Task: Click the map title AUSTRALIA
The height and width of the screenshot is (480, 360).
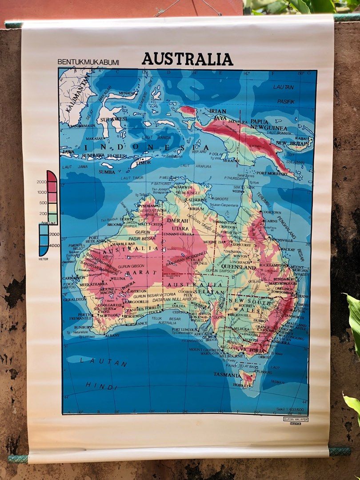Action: (x=187, y=59)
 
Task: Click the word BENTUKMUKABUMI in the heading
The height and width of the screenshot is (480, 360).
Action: (x=88, y=62)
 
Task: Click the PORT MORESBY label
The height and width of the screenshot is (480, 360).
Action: (x=272, y=173)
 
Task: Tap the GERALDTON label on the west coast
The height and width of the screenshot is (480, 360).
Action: (x=75, y=300)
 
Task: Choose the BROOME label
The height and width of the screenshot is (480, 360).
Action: (x=114, y=224)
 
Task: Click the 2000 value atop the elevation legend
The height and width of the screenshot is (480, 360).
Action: (x=42, y=182)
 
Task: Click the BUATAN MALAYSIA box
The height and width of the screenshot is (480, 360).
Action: (x=296, y=419)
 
